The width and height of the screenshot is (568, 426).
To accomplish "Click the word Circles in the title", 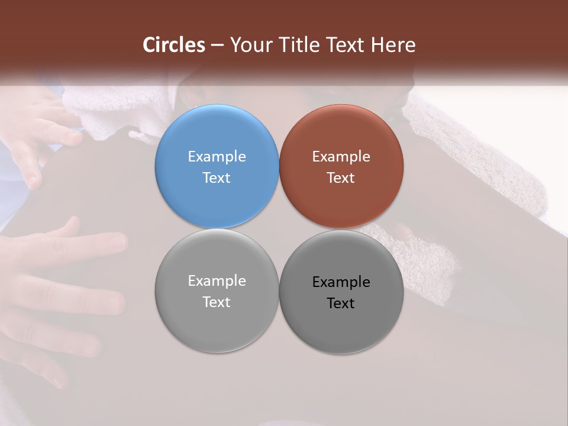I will coord(174,45).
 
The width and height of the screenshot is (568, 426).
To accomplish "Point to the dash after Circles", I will coord(217,46).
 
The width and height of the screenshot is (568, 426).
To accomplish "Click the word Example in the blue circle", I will coord(217,156).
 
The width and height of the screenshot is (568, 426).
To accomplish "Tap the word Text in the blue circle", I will coord(217,177).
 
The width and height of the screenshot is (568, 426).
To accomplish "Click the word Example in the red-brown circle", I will coord(341,156).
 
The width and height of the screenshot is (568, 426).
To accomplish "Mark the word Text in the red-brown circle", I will coord(341,177).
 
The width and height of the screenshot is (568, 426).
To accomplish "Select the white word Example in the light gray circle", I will coord(217,280).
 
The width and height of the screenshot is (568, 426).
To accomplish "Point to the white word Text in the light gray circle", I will coord(217,302).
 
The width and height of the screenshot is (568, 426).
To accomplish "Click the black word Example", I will coord(341,282).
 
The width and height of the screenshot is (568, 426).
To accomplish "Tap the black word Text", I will coord(341,303).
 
